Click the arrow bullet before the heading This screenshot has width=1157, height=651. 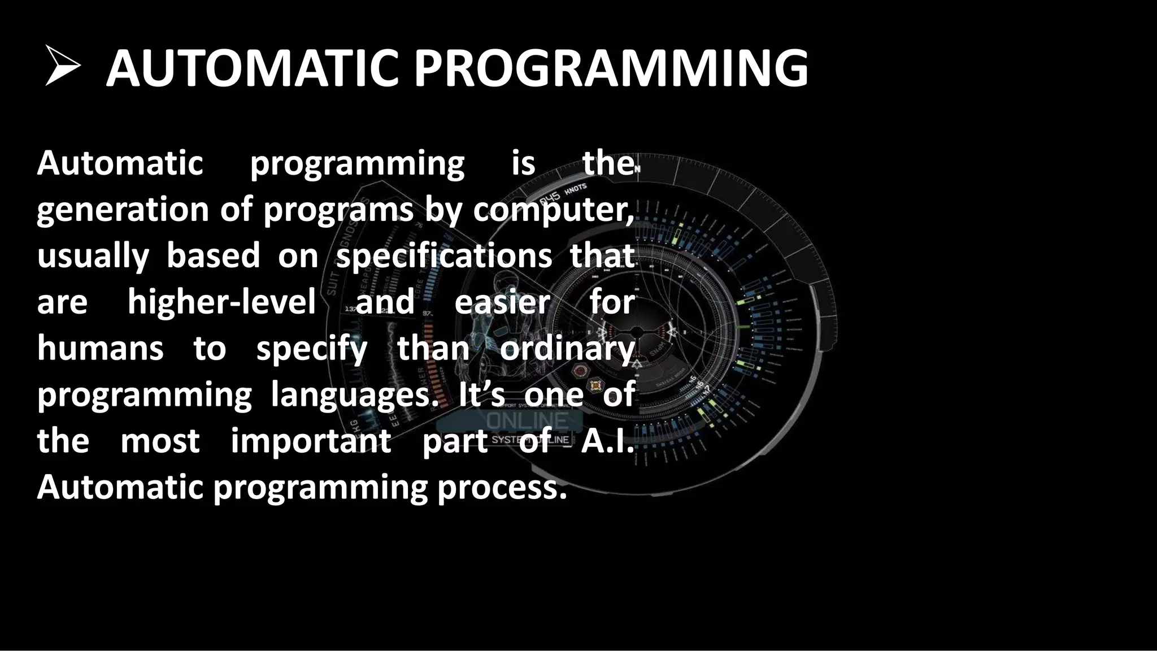[63, 67]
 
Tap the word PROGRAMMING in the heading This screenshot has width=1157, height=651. [611, 69]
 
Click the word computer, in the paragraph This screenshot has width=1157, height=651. [553, 210]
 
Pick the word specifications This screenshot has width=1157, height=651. [444, 255]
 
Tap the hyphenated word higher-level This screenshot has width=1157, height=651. [221, 302]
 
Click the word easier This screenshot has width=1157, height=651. [502, 303]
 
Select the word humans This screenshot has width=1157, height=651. [100, 348]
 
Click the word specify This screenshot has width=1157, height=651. [312, 349]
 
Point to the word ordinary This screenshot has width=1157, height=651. [567, 349]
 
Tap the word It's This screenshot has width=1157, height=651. [481, 394]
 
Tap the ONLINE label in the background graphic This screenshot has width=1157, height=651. [527, 420]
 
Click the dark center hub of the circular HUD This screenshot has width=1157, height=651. [637, 331]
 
